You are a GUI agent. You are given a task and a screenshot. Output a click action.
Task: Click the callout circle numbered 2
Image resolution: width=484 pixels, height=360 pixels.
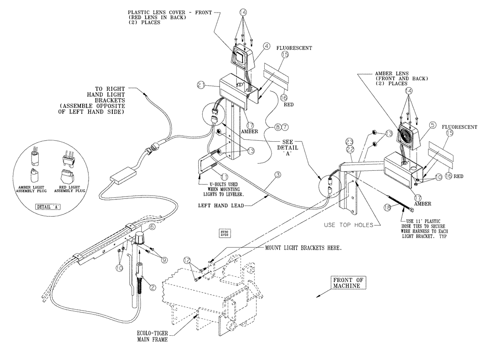(152, 287)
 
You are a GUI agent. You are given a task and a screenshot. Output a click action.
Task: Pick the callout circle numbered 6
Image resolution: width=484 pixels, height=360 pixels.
(152, 226)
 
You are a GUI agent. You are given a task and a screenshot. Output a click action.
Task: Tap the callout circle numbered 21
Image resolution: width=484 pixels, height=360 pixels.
(201, 85)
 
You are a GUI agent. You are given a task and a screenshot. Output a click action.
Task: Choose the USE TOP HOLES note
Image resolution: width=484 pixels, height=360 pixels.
(349, 225)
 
